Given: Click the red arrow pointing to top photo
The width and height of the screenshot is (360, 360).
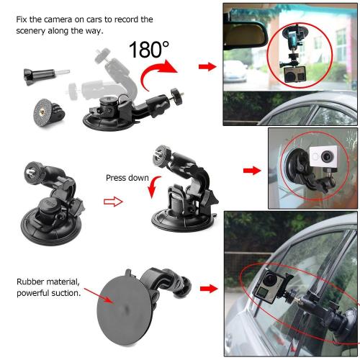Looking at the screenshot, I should [x=207, y=67].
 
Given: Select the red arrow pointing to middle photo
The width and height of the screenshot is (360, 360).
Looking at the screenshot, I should [x=252, y=171].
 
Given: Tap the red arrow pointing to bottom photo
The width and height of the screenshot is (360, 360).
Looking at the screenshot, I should [x=208, y=289].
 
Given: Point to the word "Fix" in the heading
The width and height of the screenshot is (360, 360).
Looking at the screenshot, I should [x=22, y=18].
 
